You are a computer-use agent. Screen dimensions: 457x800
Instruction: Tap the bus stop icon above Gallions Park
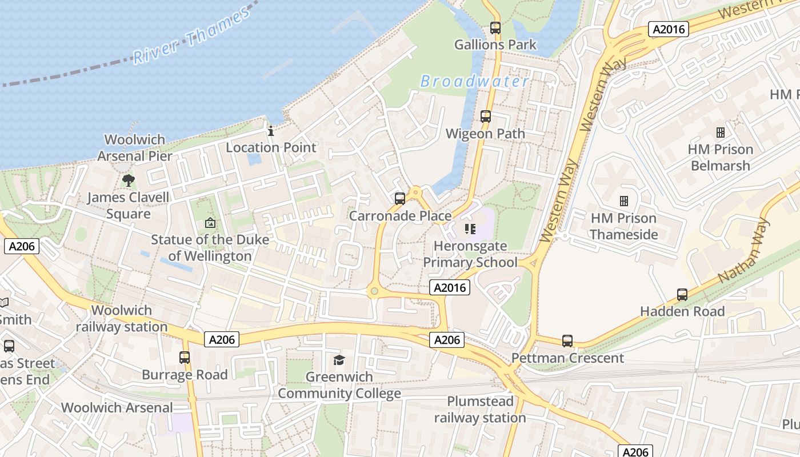pyautogui.click(x=495, y=27)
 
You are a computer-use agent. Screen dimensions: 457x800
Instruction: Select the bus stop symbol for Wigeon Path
pyautogui.click(x=486, y=117)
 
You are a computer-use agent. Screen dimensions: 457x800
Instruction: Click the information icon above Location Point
pyautogui.click(x=271, y=131)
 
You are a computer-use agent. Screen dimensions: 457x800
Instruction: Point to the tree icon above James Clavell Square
pyautogui.click(x=129, y=181)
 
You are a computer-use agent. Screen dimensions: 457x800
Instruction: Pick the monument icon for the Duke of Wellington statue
pyautogui.click(x=210, y=223)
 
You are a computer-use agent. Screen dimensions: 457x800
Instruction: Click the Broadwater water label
pyautogui.click(x=475, y=82)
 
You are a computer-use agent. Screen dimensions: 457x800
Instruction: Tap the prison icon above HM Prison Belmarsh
pyautogui.click(x=720, y=133)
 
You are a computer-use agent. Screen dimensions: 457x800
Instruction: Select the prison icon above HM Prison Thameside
pyautogui.click(x=623, y=201)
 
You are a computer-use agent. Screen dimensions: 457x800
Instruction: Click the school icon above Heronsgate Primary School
pyautogui.click(x=470, y=229)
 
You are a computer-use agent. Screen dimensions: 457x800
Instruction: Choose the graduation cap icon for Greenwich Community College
pyautogui.click(x=339, y=360)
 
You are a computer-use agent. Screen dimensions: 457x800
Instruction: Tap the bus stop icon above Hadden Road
pyautogui.click(x=682, y=295)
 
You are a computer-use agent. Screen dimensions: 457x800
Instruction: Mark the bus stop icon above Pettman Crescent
pyautogui.click(x=567, y=341)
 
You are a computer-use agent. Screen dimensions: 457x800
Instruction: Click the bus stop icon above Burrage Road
pyautogui.click(x=185, y=358)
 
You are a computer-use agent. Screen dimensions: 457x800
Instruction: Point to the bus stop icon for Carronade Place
pyautogui.click(x=400, y=199)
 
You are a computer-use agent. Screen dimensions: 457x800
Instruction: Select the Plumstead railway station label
pyautogui.click(x=480, y=409)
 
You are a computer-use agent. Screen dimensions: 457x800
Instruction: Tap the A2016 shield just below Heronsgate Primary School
pyautogui.click(x=450, y=287)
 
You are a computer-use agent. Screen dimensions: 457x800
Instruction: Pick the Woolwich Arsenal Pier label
pyautogui.click(x=135, y=147)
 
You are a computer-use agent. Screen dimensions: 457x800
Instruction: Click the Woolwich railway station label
pyautogui.click(x=122, y=319)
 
